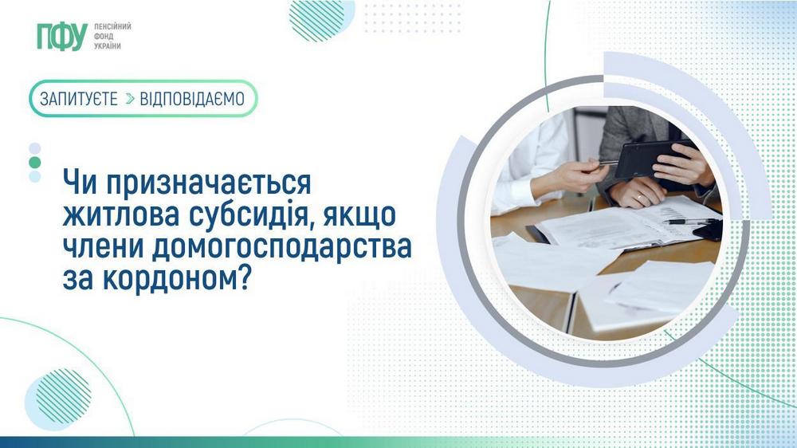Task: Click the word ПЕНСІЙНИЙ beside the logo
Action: [x=112, y=26]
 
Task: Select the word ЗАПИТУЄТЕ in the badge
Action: [x=79, y=99]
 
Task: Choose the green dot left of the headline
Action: [x=34, y=162]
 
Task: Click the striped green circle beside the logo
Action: [x=316, y=19]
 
